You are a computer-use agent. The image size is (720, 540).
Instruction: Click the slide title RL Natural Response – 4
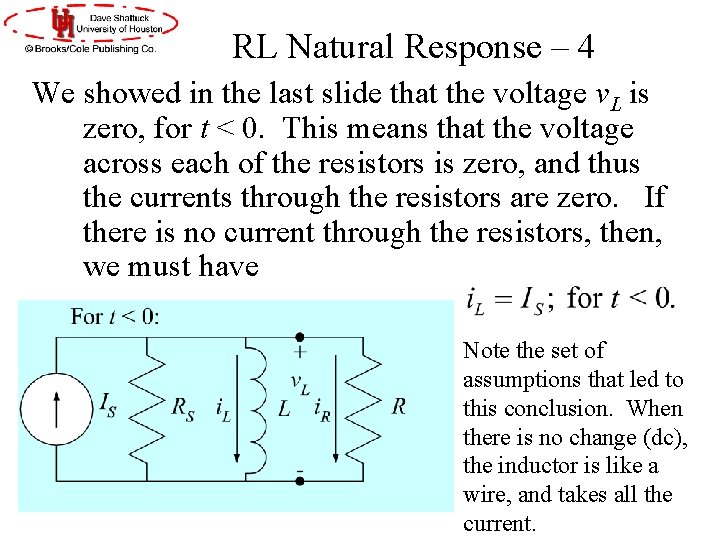[x=413, y=47]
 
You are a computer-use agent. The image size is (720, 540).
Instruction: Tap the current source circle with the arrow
[x=56, y=409]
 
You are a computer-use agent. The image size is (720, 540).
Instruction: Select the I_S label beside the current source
[x=106, y=403]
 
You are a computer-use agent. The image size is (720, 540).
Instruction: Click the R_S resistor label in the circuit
[x=182, y=408]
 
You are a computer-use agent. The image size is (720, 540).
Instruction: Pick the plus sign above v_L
[x=298, y=351]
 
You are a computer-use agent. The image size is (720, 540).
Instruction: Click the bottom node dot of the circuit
[x=298, y=481]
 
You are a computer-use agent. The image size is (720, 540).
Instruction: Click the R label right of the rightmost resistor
[x=398, y=406]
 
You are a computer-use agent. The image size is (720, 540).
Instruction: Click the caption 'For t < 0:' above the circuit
[x=115, y=317]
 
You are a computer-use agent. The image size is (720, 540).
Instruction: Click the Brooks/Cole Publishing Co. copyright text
[x=91, y=47]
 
